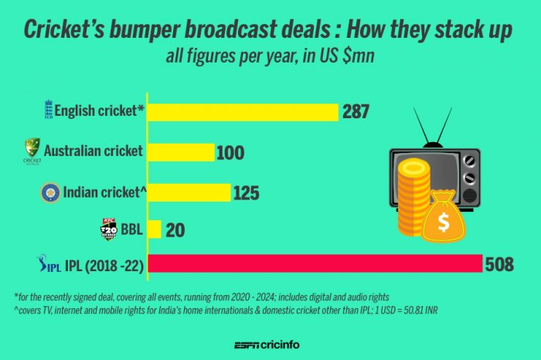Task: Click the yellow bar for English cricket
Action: click(243, 111)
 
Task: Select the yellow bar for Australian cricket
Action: click(180, 151)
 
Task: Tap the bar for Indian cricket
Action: click(189, 192)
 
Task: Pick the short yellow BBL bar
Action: click(154, 229)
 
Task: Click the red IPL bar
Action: click(314, 265)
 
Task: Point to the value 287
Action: click(356, 112)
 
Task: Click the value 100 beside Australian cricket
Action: click(230, 152)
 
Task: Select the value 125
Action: click(246, 192)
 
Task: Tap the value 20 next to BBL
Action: click(175, 230)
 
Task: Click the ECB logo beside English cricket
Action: click(49, 110)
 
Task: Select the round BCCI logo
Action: click(50, 192)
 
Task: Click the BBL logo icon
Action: click(108, 229)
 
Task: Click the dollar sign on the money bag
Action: click(444, 223)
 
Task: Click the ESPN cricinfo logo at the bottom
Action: click(270, 346)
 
